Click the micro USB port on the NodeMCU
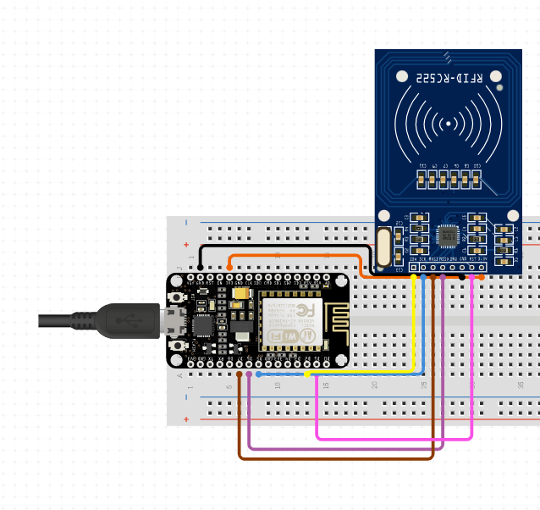(175, 321)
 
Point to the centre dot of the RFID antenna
(449, 125)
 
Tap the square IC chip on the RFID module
(448, 236)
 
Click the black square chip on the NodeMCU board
(204, 325)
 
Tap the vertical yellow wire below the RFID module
(414, 326)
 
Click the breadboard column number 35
(519, 385)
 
